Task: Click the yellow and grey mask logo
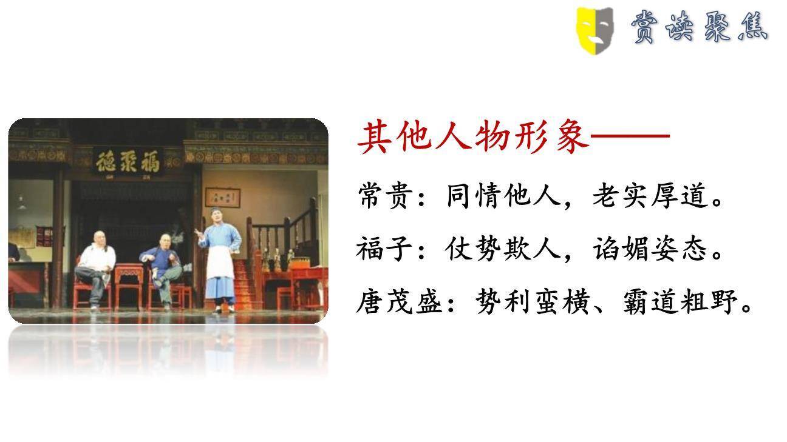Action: [x=595, y=28]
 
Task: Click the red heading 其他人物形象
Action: [x=473, y=137]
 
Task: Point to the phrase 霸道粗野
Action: [x=680, y=301]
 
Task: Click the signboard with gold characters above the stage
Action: [x=128, y=162]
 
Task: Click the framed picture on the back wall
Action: [x=222, y=197]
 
